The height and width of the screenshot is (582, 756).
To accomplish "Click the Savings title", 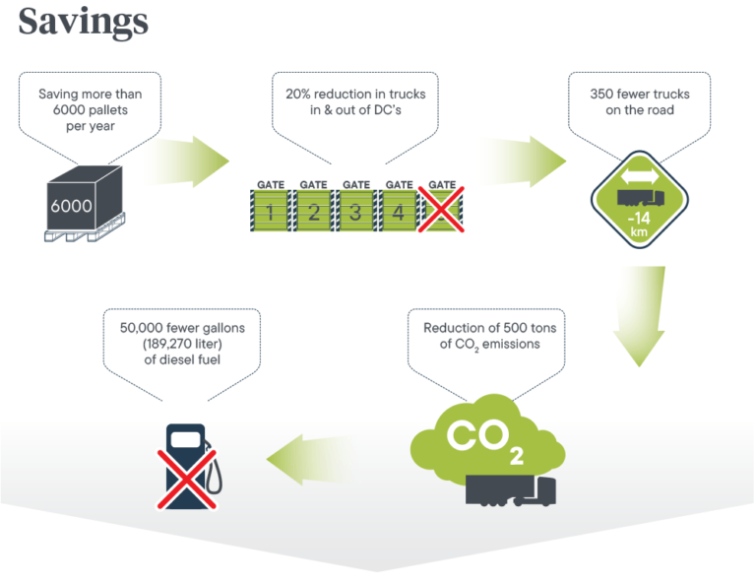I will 84,21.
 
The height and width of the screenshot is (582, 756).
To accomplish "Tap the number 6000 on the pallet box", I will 71,207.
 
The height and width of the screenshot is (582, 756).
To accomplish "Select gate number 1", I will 270,211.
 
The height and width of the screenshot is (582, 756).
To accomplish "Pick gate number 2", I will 313,211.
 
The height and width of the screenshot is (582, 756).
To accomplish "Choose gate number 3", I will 355,211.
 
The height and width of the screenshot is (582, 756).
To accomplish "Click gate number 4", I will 399,211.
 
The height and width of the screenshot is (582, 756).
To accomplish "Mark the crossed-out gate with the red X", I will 442,209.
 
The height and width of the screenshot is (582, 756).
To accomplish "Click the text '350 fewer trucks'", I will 640,95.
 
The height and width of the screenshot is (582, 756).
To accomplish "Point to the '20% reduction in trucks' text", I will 354,95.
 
